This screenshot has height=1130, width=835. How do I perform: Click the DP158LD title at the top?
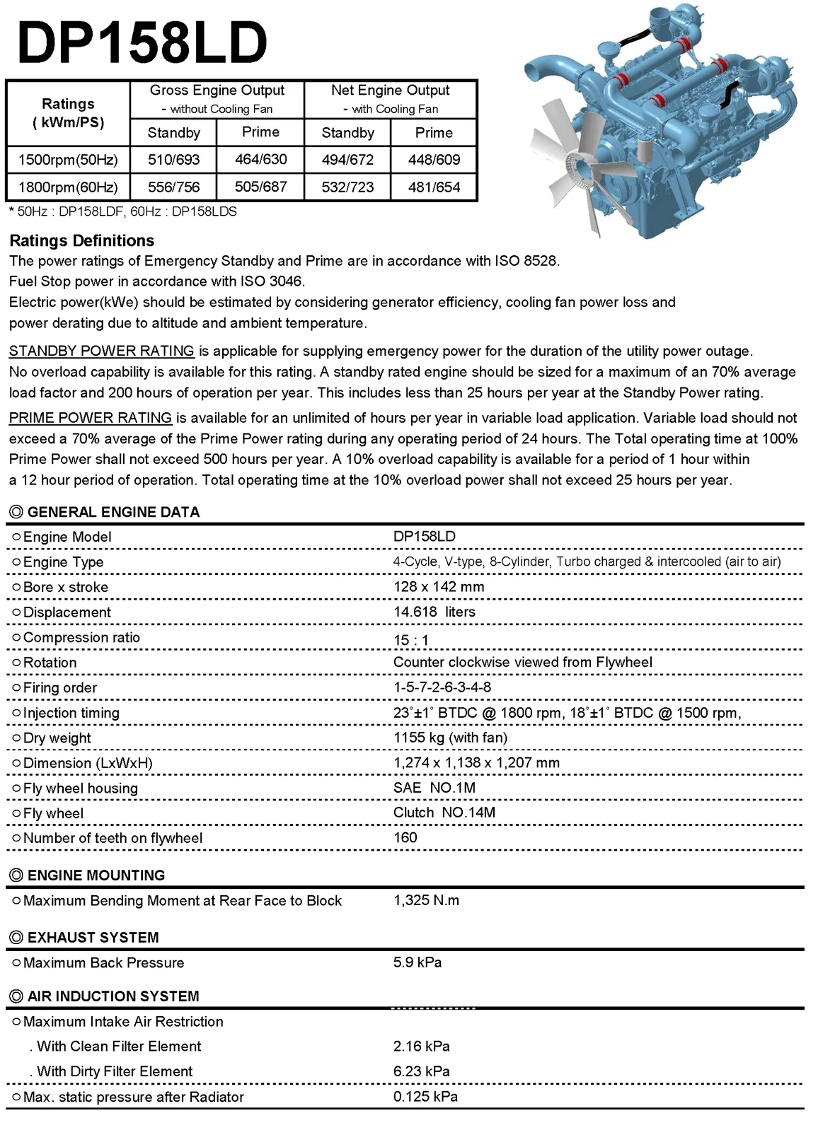[x=142, y=42]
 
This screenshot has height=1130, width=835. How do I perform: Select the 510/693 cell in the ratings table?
[x=173, y=160]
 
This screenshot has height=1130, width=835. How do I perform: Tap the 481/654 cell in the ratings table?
[x=434, y=187]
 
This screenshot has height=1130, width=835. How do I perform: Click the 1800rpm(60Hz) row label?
[x=68, y=187]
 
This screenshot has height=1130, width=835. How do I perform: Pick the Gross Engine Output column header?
[x=217, y=91]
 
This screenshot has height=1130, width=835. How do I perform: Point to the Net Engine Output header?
[x=390, y=91]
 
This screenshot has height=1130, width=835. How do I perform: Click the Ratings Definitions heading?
[x=81, y=240]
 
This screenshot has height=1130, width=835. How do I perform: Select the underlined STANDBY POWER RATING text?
[x=101, y=351]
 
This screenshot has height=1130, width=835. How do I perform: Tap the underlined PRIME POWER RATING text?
[x=91, y=418]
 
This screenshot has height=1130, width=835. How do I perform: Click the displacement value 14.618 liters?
[x=434, y=612]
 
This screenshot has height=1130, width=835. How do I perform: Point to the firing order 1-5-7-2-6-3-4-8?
[x=442, y=687]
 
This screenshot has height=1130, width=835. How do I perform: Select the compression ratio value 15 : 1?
[x=411, y=640]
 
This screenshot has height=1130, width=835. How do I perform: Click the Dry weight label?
[x=57, y=738]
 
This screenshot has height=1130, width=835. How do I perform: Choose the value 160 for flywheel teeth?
[x=405, y=838]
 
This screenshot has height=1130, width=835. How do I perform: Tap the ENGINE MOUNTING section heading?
[x=96, y=875]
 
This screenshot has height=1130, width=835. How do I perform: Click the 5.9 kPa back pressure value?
[x=417, y=962]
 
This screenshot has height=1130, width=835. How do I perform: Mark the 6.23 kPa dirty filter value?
[x=421, y=1071]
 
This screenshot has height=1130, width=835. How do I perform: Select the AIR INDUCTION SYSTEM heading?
[x=113, y=996]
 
